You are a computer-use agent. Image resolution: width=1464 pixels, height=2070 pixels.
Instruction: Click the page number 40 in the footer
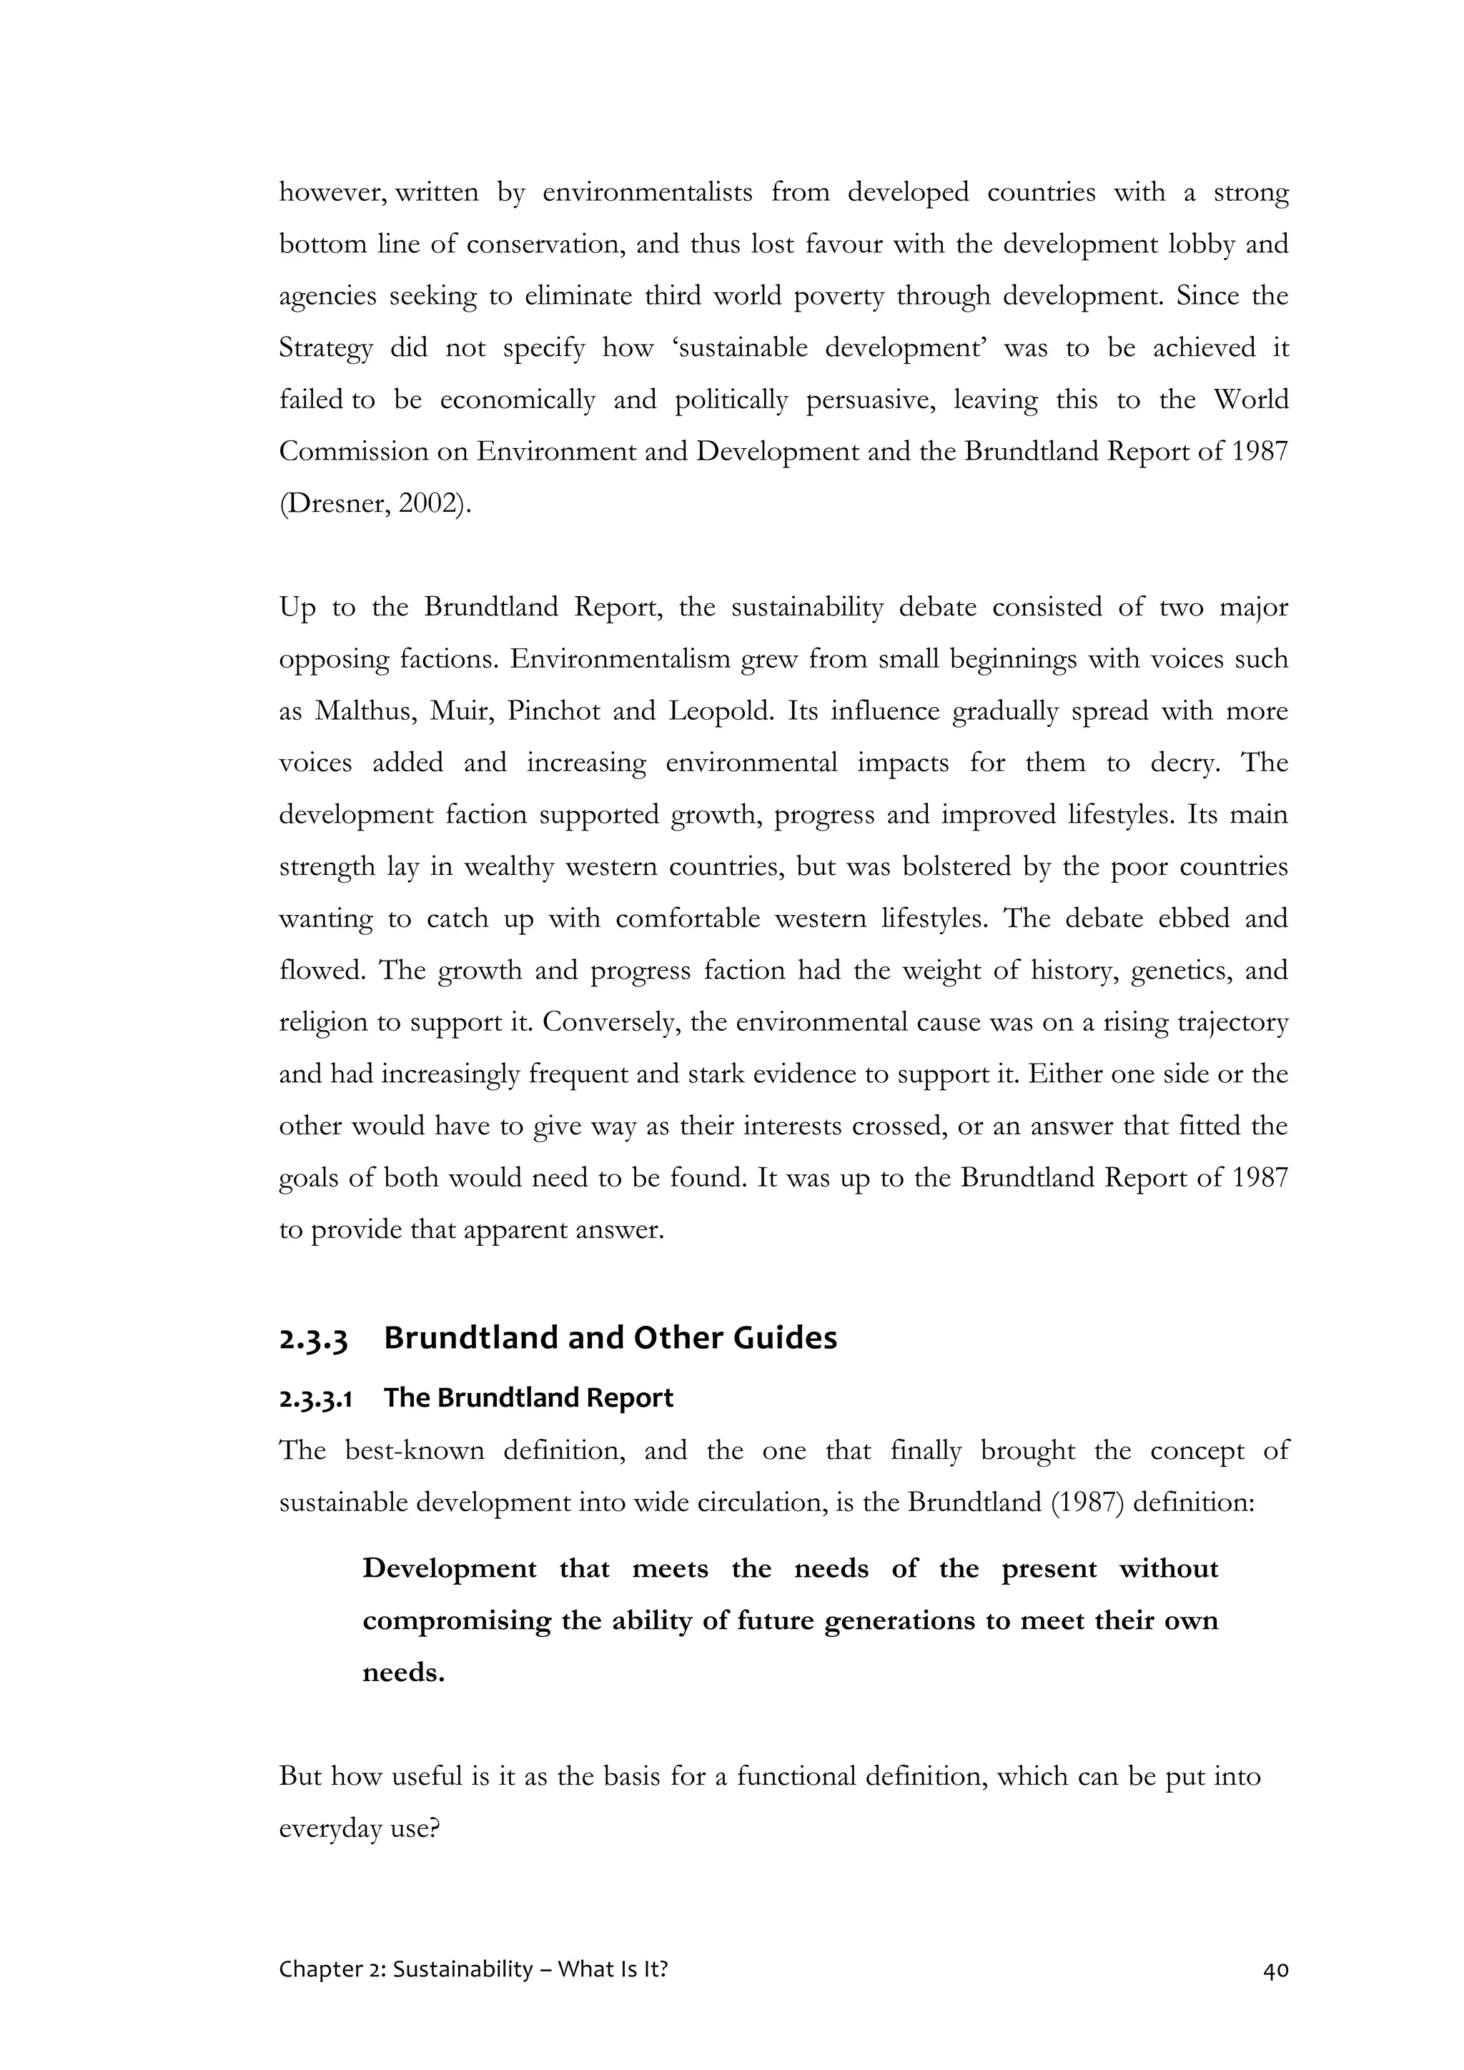click(x=1275, y=1970)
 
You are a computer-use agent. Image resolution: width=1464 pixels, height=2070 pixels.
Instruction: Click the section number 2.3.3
click(x=313, y=1338)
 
